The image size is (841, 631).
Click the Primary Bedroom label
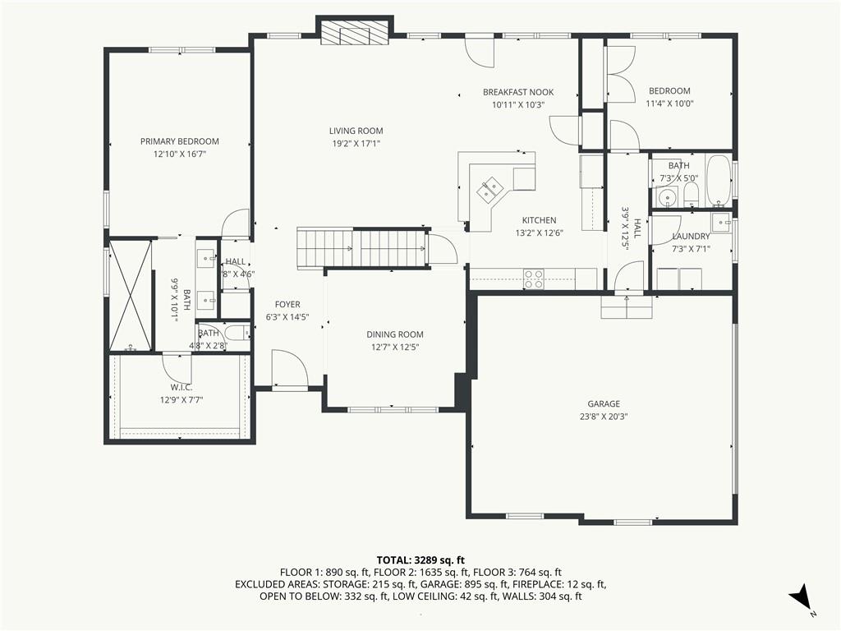(180, 141)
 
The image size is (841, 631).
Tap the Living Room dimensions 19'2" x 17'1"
(356, 143)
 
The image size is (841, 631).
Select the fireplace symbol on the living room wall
(355, 33)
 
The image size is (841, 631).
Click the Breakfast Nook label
(518, 92)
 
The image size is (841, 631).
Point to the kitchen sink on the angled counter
(489, 189)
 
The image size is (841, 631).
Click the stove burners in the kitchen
(534, 279)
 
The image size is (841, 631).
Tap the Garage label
(604, 404)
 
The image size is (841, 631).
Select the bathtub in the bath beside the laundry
(718, 181)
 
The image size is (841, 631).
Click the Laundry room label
(691, 236)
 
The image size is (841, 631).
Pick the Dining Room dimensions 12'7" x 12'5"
(395, 348)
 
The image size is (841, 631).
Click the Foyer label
(287, 305)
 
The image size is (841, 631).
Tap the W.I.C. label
(182, 388)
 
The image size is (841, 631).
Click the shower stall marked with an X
(131, 296)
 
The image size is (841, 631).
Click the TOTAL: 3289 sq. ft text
(420, 560)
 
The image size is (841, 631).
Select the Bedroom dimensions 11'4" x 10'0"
(670, 104)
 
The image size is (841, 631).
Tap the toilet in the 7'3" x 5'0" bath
(691, 195)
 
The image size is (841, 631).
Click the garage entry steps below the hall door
(627, 307)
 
